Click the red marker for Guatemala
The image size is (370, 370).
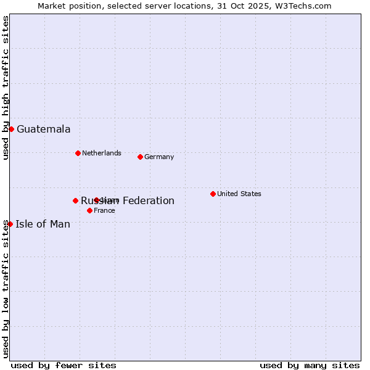pos(11,129)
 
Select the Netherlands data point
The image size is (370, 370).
pos(78,153)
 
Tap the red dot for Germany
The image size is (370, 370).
pos(140,157)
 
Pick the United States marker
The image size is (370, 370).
pos(213,194)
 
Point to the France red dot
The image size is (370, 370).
pos(89,210)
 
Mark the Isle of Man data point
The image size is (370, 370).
pos(10,224)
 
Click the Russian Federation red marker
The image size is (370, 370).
pos(75,200)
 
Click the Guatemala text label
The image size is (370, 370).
pos(43,129)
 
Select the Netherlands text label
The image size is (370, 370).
pos(101,153)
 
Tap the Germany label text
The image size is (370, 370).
pos(159,157)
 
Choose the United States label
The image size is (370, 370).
pos(239,194)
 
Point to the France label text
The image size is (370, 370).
pos(104,210)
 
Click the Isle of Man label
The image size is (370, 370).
pos(43,224)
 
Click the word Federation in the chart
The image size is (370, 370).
pos(148,200)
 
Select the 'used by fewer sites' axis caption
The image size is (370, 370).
pos(64,365)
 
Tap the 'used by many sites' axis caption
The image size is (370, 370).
pos(310,365)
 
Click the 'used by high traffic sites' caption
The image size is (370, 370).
pos(6,88)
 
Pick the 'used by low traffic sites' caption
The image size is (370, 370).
pos(6,290)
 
